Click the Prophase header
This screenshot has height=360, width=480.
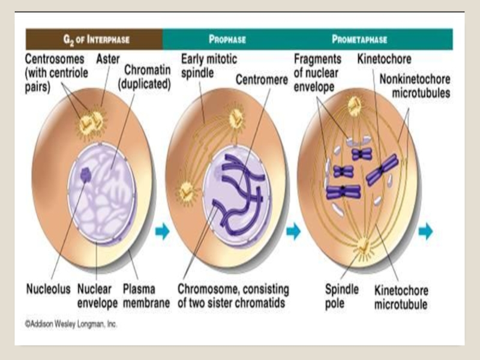[x=227, y=40]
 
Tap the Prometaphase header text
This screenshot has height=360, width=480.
[x=359, y=40]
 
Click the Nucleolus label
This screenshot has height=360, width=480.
[x=48, y=289]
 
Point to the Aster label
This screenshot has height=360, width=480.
[x=107, y=59]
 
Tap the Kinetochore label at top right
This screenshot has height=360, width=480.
[x=384, y=59]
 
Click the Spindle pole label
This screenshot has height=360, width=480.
[x=343, y=295]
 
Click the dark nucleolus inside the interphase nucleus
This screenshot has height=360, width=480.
[x=86, y=175]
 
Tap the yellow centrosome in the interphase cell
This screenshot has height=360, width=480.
[x=91, y=122]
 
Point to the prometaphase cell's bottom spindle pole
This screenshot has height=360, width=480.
[x=362, y=244]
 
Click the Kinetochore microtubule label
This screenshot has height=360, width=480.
[x=401, y=297]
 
